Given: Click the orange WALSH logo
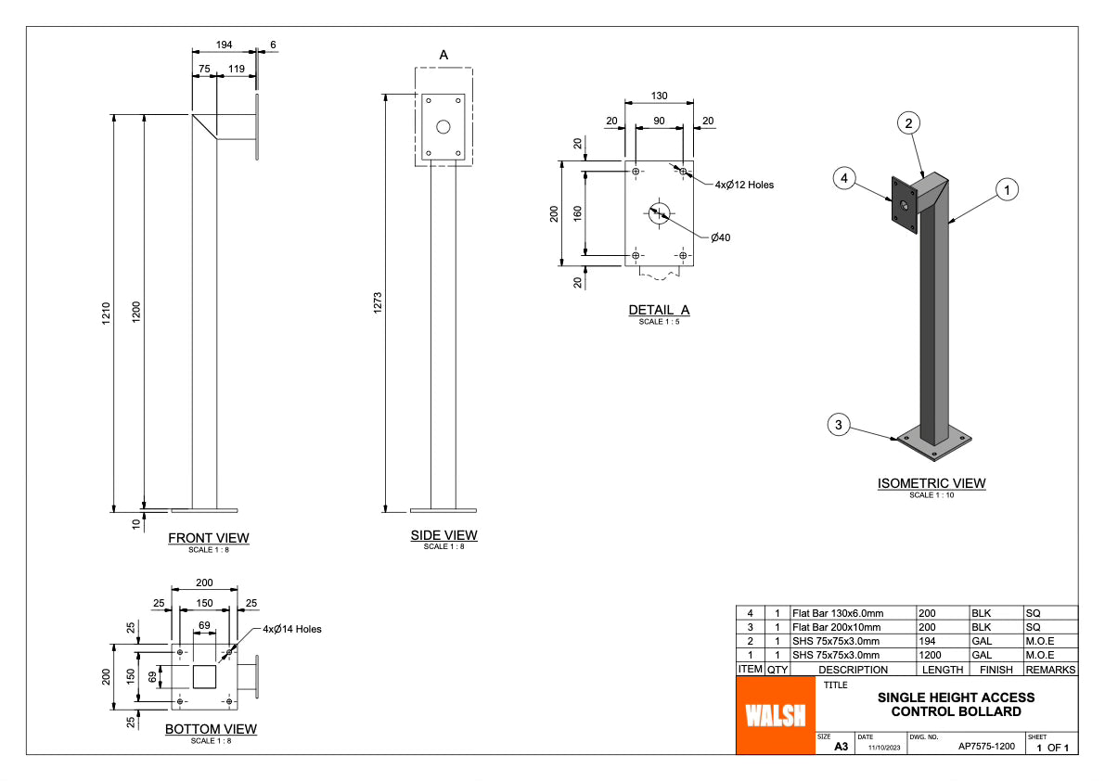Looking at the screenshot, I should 775,714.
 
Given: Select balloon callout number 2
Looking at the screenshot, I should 909,122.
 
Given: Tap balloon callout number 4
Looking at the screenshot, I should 843,178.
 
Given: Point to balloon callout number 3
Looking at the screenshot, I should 839,425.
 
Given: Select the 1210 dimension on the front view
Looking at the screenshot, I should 108,313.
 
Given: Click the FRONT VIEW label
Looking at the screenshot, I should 208,538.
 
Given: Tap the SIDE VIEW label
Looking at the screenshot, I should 443,535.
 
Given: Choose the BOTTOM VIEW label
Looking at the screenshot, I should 211,729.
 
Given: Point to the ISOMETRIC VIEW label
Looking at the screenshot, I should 932,483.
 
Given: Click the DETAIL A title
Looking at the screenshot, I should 659,311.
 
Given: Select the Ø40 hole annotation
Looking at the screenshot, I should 721,238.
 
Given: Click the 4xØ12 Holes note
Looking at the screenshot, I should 744,185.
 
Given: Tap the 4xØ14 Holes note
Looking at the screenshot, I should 292,629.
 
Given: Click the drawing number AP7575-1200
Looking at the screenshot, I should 986,746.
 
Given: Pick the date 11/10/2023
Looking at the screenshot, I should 884,747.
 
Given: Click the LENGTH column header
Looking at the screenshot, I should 942,670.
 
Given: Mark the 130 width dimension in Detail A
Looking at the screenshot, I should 659,96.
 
